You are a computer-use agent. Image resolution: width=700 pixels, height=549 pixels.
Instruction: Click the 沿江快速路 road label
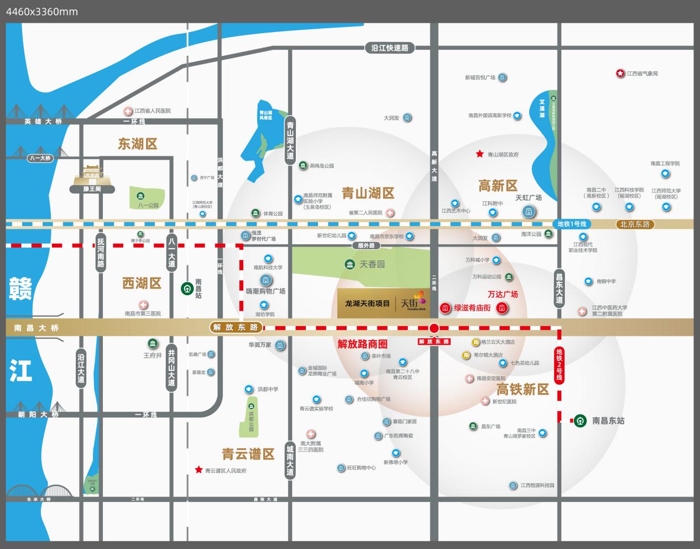[390, 48]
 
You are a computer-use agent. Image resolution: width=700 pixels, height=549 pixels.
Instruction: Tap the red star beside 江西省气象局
[620, 74]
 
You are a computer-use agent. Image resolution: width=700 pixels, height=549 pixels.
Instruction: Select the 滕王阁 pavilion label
[92, 189]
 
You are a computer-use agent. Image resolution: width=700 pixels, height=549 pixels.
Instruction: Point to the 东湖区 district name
[138, 144]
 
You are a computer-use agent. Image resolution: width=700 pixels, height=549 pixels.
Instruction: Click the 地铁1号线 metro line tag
[571, 224]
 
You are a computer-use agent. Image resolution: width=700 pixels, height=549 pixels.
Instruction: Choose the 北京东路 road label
[635, 224]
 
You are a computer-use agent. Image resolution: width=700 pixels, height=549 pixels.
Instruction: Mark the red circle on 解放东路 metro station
[434, 328]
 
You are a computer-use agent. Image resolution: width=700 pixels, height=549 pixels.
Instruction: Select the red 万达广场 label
[503, 294]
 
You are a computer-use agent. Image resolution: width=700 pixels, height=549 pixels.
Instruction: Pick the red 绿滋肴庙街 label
[472, 308]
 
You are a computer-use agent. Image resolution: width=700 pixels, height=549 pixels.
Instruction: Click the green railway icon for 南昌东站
[580, 421]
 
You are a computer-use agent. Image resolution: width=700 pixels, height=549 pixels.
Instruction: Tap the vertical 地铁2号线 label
[559, 364]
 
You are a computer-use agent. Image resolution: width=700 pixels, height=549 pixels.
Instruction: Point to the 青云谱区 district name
[248, 454]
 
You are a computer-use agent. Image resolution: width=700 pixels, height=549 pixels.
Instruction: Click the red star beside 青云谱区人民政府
[198, 470]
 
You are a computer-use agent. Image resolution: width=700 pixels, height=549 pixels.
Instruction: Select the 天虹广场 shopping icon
[529, 211]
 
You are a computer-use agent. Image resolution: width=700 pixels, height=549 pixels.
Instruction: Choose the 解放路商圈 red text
[362, 344]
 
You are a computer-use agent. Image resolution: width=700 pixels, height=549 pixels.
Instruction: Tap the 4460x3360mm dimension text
[42, 11]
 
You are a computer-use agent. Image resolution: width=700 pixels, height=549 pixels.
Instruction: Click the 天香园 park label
[372, 264]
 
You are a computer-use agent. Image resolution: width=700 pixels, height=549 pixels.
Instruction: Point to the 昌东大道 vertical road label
[559, 288]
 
